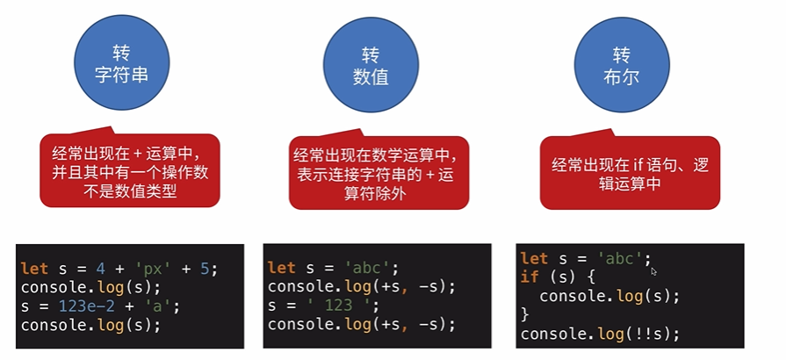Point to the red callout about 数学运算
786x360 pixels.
[x=379, y=173]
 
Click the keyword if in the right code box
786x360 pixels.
[x=530, y=277]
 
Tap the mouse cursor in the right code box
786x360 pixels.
[x=653, y=271]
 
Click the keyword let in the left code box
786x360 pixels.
[x=34, y=267]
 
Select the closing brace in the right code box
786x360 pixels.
[x=525, y=315]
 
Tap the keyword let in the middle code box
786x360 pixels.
[x=282, y=267]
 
